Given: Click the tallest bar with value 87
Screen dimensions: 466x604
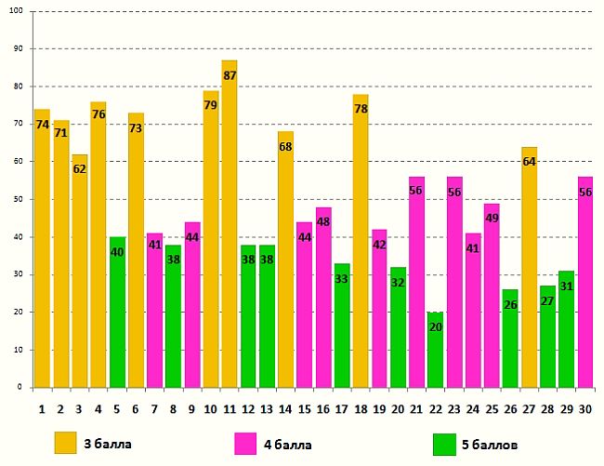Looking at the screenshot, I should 230,223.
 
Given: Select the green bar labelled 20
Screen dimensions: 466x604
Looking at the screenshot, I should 435,349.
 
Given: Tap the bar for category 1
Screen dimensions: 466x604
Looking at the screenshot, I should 42,247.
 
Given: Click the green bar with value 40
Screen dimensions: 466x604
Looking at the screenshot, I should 117,312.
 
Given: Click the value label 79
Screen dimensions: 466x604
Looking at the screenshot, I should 211,105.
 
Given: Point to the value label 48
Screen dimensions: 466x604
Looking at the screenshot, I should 323,222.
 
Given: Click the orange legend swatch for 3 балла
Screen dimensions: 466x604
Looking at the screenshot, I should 66,444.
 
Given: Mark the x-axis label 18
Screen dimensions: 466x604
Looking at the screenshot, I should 361,407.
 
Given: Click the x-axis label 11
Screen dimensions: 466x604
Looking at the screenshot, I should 230,407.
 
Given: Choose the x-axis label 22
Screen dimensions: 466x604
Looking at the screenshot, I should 435,407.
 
